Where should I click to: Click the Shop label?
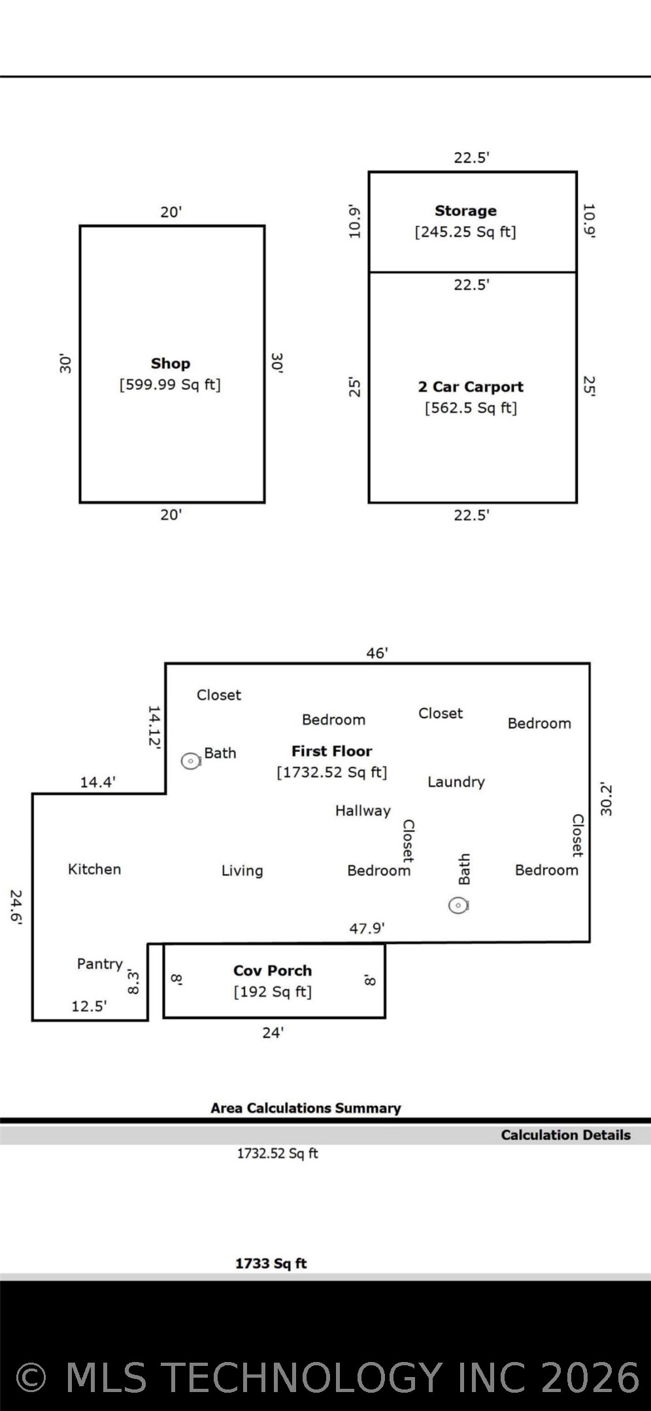pyautogui.click(x=171, y=363)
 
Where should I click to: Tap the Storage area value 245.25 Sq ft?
pyautogui.click(x=465, y=232)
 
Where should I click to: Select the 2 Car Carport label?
pyautogui.click(x=471, y=387)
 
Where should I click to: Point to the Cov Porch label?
pyautogui.click(x=273, y=971)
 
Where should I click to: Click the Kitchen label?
pyautogui.click(x=95, y=869)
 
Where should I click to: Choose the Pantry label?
pyautogui.click(x=100, y=964)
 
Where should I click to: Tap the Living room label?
pyautogui.click(x=242, y=871)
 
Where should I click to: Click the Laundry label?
pyautogui.click(x=456, y=782)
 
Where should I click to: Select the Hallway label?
pyautogui.click(x=363, y=811)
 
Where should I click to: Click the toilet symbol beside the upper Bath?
pyautogui.click(x=191, y=761)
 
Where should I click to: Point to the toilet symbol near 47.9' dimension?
pyautogui.click(x=458, y=905)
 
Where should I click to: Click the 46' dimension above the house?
pyautogui.click(x=377, y=653)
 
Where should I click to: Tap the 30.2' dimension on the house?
pyautogui.click(x=607, y=800)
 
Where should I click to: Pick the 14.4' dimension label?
pyautogui.click(x=98, y=782)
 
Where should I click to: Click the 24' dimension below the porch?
pyautogui.click(x=273, y=1033)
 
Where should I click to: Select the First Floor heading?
pyautogui.click(x=332, y=751)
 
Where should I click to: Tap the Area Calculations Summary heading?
pyautogui.click(x=306, y=1108)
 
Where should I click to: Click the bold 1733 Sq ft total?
pyautogui.click(x=271, y=1263)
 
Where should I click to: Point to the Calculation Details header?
pyautogui.click(x=566, y=1135)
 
